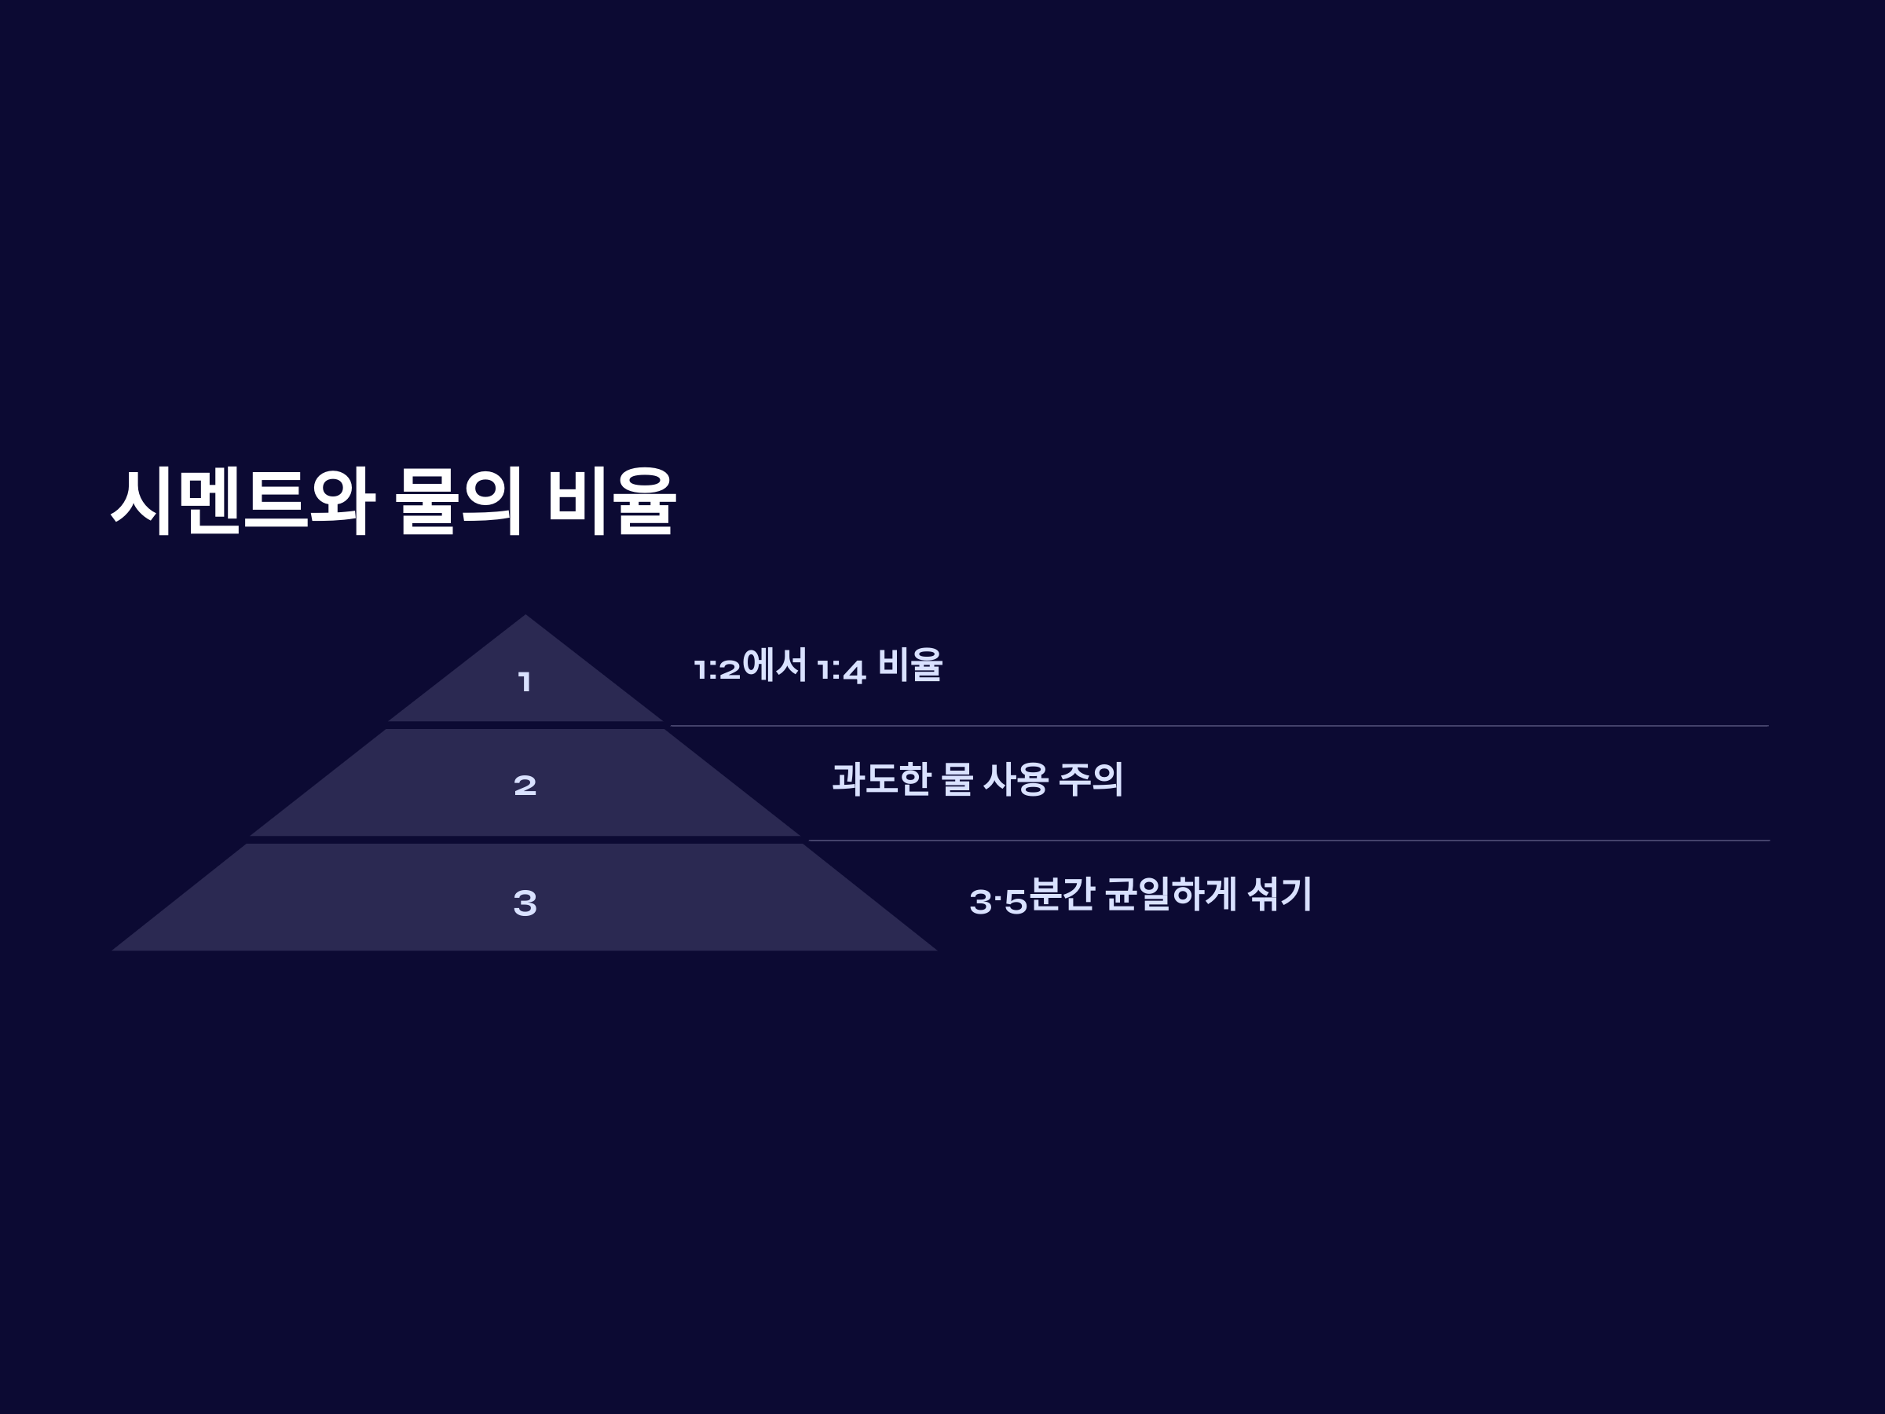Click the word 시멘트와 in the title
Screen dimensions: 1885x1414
pos(243,501)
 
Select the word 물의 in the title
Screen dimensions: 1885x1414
pos(459,501)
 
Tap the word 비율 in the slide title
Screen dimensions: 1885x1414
pos(611,501)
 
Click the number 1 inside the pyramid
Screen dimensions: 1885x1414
pos(525,682)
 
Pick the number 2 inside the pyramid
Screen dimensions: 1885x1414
pos(525,785)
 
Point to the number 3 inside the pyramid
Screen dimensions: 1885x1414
pos(525,903)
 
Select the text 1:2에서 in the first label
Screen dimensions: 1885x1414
pos(750,665)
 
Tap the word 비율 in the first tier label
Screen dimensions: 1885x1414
pos(910,665)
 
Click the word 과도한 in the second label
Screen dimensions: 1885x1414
pos(880,779)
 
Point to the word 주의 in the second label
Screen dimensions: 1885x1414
pos(1091,779)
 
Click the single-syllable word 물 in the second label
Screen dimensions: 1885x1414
pos(957,779)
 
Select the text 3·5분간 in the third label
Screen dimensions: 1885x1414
pos(1032,895)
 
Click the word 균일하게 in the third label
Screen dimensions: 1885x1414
pos(1170,894)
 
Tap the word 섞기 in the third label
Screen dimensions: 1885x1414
pos(1278,894)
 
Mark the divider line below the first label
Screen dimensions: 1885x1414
pos(1219,726)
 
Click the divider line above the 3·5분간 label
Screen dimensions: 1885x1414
pos(1287,841)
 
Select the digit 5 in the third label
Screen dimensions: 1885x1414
pos(1016,902)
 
